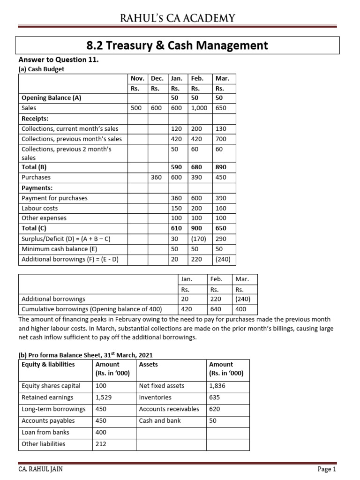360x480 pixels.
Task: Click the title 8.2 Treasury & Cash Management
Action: (177, 45)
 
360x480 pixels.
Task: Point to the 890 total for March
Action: (220, 167)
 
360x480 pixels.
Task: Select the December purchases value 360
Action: (156, 178)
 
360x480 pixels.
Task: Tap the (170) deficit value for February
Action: (198, 239)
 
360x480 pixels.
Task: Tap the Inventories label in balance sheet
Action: (155, 397)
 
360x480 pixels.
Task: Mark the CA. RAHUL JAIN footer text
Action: (40, 469)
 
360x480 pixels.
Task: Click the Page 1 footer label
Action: (327, 469)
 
